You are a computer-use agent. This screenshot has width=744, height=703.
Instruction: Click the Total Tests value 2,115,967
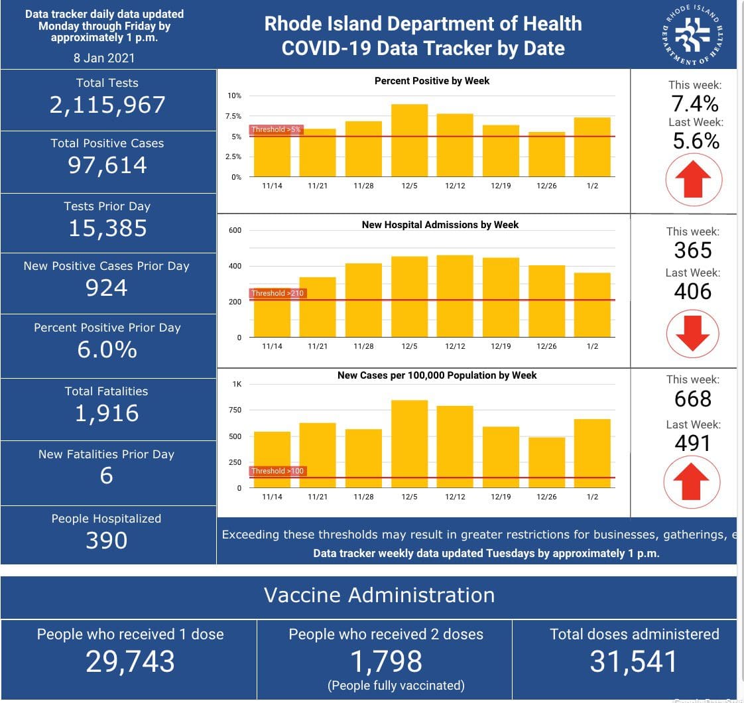click(107, 105)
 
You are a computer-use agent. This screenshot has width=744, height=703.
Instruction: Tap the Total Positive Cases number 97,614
click(107, 164)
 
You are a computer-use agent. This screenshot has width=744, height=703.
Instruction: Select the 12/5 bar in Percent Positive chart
click(409, 141)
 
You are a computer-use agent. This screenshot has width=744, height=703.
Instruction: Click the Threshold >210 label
click(277, 293)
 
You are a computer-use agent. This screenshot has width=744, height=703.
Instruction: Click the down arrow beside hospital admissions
click(693, 333)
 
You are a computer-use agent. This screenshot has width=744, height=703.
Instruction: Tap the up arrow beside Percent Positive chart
click(693, 179)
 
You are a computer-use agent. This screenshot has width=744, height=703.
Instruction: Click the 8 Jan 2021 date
click(104, 58)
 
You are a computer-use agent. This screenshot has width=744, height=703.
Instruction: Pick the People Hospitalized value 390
click(107, 541)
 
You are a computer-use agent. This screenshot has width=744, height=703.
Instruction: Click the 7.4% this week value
click(694, 103)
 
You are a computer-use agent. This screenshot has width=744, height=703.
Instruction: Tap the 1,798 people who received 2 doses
click(387, 661)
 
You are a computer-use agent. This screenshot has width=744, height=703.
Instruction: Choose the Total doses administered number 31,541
click(634, 661)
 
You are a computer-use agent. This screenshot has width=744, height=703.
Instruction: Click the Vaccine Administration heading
click(379, 595)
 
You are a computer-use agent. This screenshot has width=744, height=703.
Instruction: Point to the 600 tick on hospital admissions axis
click(235, 231)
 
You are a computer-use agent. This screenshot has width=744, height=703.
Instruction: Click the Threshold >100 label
click(277, 471)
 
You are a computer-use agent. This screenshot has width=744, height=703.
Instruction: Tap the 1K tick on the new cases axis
click(237, 385)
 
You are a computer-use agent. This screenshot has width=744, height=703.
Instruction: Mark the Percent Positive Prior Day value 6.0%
click(107, 349)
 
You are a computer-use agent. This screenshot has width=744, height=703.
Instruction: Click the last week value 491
click(693, 443)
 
